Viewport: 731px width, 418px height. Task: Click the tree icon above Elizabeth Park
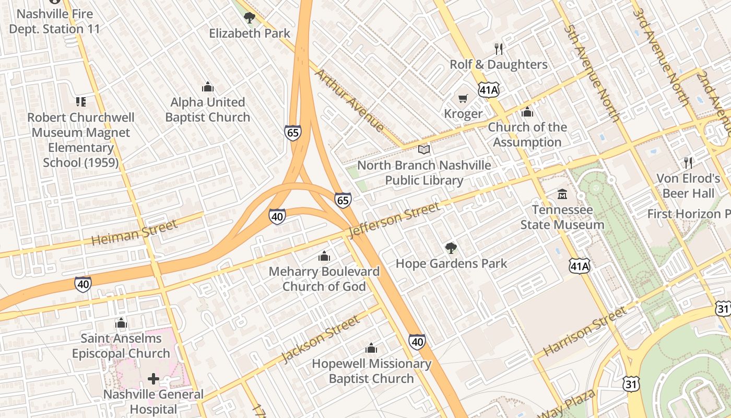250,18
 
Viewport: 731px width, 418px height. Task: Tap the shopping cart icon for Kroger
463,98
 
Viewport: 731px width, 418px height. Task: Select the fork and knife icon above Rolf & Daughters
499,49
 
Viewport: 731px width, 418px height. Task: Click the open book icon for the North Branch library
424,150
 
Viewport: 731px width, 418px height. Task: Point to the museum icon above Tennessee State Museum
562,194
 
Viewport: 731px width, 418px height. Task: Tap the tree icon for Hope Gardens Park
451,248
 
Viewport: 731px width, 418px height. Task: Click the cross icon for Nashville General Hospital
153,378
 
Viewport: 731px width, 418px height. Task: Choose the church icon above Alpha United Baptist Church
208,87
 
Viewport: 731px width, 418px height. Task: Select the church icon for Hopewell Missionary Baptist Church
371,348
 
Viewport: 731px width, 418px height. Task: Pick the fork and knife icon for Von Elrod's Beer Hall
688,162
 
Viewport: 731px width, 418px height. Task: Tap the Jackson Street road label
320,339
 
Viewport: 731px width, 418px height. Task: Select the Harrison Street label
584,331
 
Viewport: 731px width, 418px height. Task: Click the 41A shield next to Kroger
489,90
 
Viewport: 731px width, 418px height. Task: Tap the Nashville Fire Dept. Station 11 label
54,21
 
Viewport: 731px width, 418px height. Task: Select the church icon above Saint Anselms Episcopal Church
121,323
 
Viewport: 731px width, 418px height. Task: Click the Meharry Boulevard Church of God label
324,279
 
